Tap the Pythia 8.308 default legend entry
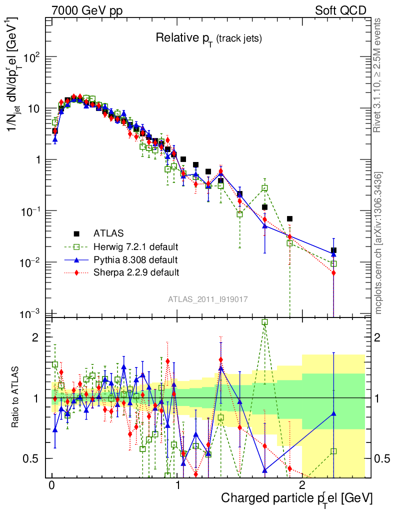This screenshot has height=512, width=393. [135, 259]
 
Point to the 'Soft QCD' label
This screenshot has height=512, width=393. [340, 10]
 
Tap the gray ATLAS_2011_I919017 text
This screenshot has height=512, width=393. [208, 299]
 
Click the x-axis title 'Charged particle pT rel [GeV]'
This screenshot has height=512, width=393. [296, 498]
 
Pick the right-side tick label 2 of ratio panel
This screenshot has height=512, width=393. [377, 337]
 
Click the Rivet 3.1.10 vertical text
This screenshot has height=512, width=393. [378, 75]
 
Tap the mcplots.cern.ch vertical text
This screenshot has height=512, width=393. [378, 242]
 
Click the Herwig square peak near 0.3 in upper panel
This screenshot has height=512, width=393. [86, 98]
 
